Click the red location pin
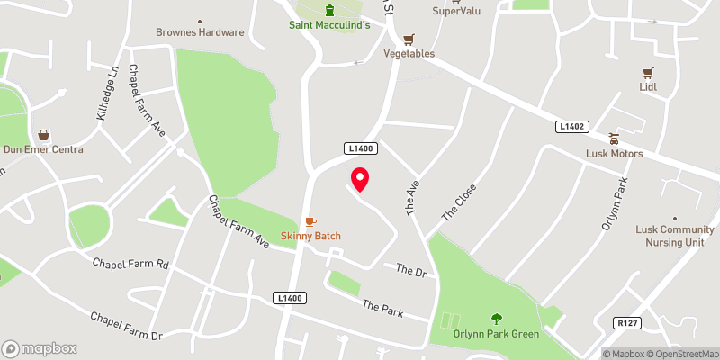coord(360,179)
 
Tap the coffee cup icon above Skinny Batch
coord(310,221)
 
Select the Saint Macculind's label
coord(329,25)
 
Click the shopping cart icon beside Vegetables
coord(409,39)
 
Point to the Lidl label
coord(646,87)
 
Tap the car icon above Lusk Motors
coord(616,139)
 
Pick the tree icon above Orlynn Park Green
coord(496,318)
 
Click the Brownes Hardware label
coord(200,32)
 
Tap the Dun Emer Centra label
coord(43,149)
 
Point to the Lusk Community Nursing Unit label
coord(675,236)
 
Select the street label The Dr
coord(409,269)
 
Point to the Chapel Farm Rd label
coord(131,265)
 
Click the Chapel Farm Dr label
coord(125,326)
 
